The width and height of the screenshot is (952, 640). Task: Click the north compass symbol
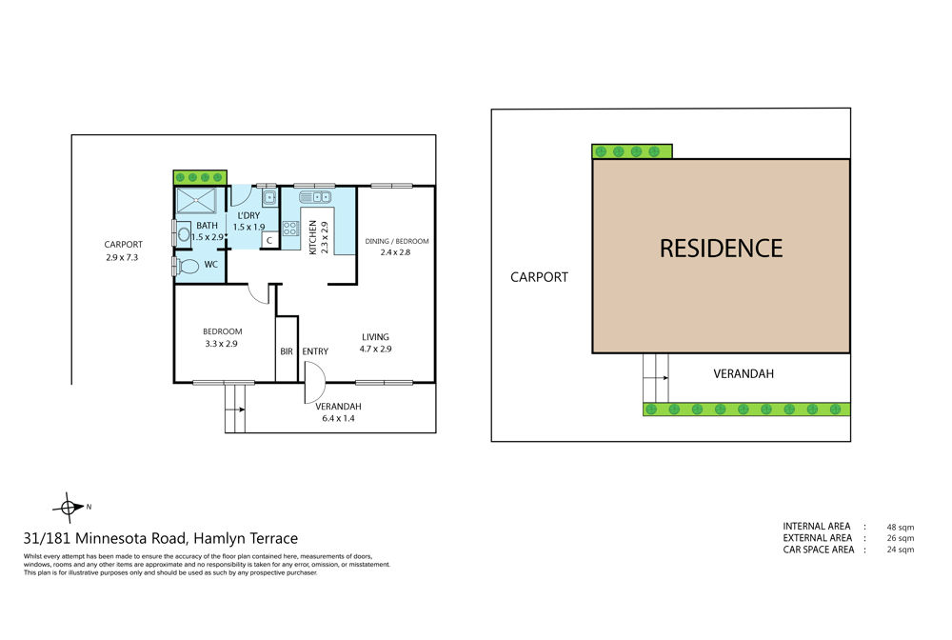69,508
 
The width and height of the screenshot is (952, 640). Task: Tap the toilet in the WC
188,266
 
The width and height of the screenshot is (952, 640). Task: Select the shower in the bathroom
196,201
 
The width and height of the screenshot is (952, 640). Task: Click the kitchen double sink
315,197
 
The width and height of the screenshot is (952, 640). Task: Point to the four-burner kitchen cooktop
290,229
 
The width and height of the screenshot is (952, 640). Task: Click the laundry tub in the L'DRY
269,197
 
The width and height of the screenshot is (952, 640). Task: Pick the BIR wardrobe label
287,351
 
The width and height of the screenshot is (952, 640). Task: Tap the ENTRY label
315,351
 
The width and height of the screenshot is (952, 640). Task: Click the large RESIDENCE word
722,249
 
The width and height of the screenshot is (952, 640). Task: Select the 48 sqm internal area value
901,527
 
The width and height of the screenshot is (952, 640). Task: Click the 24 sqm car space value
901,550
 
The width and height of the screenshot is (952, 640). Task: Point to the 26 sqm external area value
901,538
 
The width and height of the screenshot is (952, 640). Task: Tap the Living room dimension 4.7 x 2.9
375,350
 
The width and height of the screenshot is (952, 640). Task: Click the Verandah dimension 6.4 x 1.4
338,418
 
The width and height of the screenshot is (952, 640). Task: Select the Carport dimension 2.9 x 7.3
122,257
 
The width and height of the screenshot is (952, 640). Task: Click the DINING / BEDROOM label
396,241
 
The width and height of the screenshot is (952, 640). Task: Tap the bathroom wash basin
183,233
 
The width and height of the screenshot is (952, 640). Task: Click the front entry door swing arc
319,371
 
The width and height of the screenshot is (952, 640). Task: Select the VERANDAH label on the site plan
744,374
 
